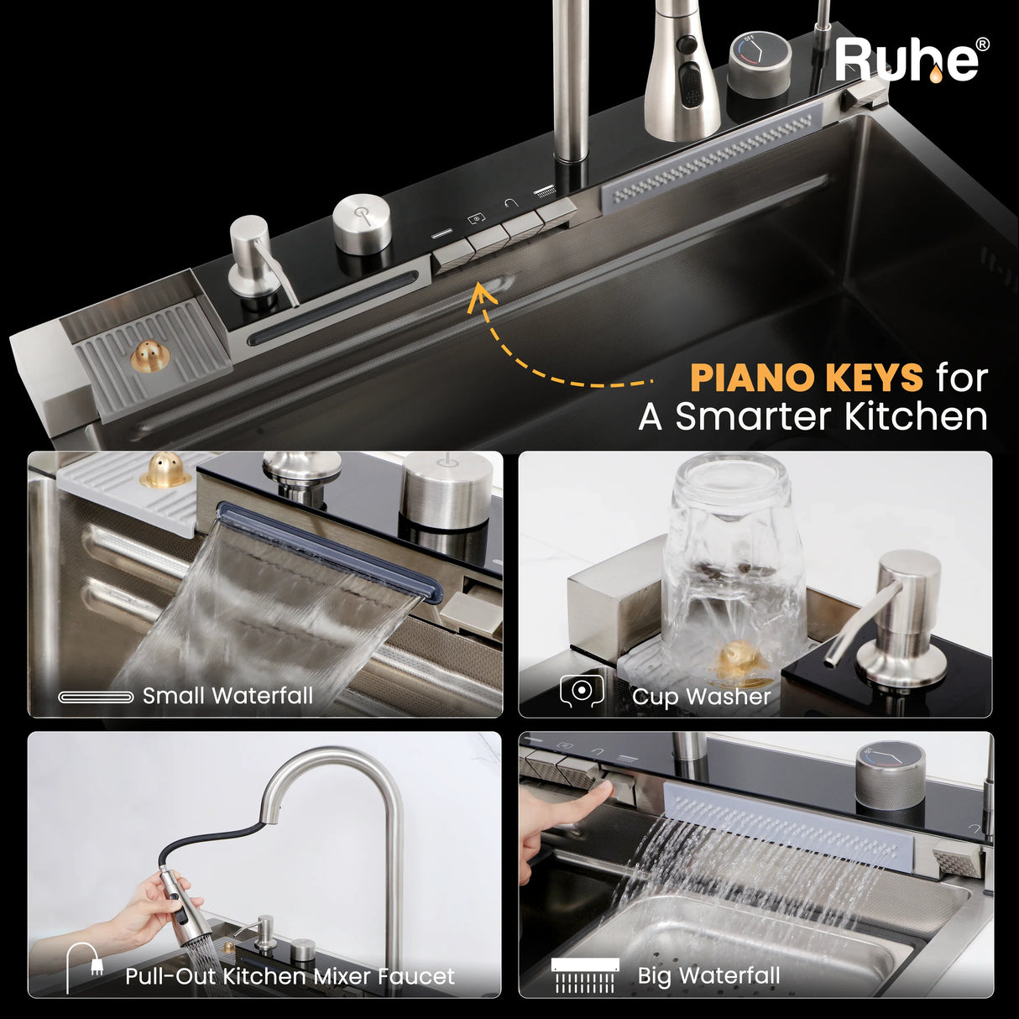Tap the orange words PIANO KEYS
[807, 378]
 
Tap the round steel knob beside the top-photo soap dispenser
[363, 223]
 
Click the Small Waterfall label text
[228, 695]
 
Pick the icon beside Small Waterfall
[96, 697]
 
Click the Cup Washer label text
[701, 697]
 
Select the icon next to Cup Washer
[582, 691]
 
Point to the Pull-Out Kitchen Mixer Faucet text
[290, 976]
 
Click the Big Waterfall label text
[708, 975]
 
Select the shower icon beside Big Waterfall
[584, 975]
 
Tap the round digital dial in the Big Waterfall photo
[890, 776]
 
